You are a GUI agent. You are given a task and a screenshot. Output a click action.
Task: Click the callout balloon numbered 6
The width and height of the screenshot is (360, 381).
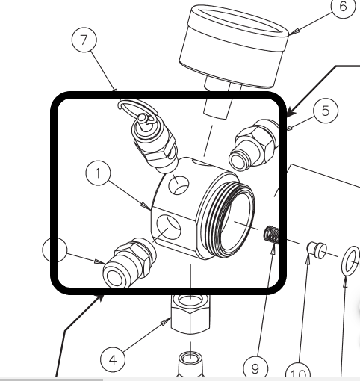[x=342, y=7]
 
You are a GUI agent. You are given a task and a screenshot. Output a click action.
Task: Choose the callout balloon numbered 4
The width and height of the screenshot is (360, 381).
[x=113, y=359]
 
